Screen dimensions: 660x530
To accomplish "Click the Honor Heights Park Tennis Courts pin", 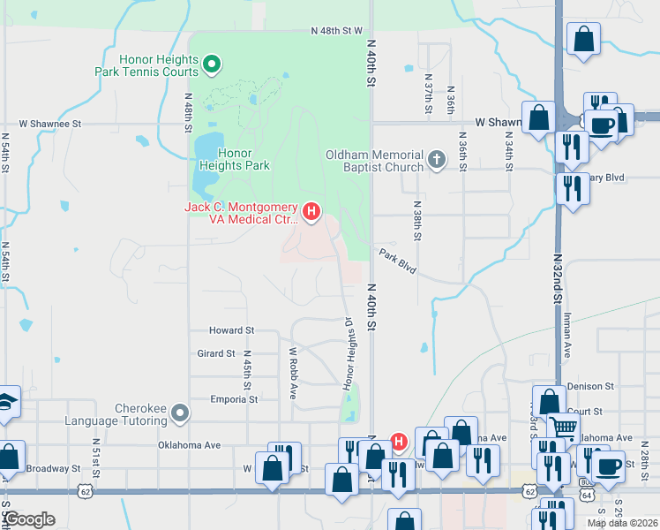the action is [x=212, y=64].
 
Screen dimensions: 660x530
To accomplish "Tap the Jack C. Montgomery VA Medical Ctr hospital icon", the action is [x=311, y=211].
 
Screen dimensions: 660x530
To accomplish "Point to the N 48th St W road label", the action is [x=337, y=31].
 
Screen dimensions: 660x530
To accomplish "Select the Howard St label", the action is [x=231, y=330].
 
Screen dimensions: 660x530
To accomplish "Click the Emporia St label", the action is [x=234, y=399].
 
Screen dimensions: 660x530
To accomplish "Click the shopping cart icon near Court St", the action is [x=562, y=428].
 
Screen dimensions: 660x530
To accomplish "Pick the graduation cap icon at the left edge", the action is [x=6, y=402].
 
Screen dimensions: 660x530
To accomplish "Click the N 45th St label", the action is [x=248, y=371].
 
